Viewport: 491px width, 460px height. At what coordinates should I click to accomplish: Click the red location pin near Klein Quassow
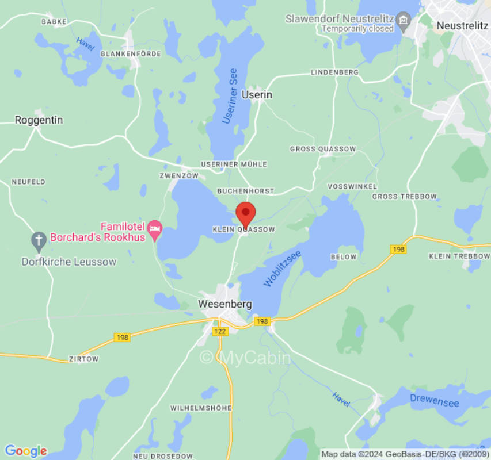coord(246,214)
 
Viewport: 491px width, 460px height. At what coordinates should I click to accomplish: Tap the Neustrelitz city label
coord(462,25)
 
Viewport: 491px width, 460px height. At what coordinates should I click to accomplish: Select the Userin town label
coord(257,95)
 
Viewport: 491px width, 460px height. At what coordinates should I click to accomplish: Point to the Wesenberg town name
coord(225,304)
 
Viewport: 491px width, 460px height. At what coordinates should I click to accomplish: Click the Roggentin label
coord(39,120)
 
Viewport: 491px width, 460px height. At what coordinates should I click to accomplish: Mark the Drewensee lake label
coord(435,400)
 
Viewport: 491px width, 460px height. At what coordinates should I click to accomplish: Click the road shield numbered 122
coord(220,331)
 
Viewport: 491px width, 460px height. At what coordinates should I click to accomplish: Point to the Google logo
coord(25,451)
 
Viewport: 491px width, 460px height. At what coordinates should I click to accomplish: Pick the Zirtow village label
coord(83,359)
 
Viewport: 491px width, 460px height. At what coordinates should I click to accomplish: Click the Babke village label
coord(54,21)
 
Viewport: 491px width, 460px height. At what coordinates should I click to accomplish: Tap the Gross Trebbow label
coord(404,197)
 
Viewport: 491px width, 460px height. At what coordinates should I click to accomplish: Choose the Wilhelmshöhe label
coord(201,408)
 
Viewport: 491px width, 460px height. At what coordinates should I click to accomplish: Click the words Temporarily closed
coord(357,28)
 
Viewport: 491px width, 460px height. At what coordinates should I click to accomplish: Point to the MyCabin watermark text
coord(245,358)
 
